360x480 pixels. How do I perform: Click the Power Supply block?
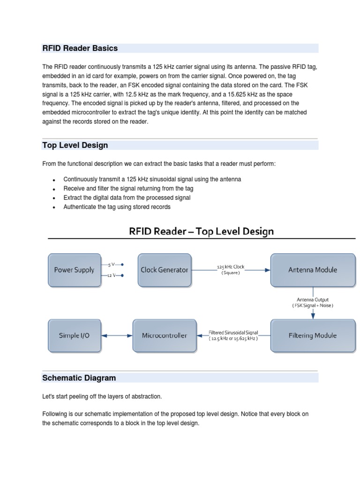(75, 270)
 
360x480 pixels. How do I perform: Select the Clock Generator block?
(165, 270)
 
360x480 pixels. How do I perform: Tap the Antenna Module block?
(313, 270)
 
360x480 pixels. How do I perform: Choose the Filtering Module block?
(313, 336)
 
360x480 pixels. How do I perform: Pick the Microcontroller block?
(165, 336)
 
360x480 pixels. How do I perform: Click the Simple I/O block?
(75, 336)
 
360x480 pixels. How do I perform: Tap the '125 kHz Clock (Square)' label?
(230, 270)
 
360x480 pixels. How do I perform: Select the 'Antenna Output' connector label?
(313, 302)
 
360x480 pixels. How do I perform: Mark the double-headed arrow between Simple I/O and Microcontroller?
(117, 336)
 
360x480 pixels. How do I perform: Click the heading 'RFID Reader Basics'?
(80, 48)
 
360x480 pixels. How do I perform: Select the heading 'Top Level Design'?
(75, 145)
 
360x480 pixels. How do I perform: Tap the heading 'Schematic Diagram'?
(79, 378)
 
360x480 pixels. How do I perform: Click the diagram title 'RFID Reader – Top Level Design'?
(202, 232)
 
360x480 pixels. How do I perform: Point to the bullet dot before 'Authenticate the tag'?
(54, 208)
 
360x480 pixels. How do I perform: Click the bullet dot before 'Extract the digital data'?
(54, 198)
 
